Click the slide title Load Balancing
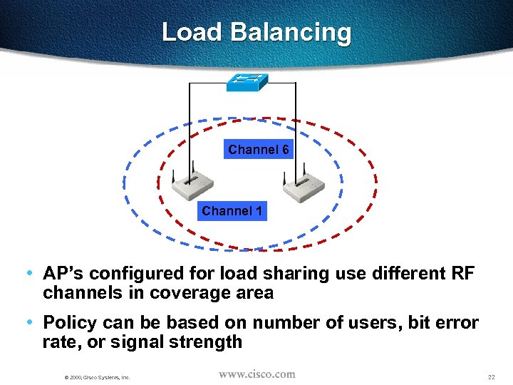coord(256,32)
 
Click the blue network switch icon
coord(247,82)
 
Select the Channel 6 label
coord(258,150)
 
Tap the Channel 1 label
coord(232,211)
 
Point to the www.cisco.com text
coord(256,374)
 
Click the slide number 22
coord(491,376)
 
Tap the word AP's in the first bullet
coord(63,274)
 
